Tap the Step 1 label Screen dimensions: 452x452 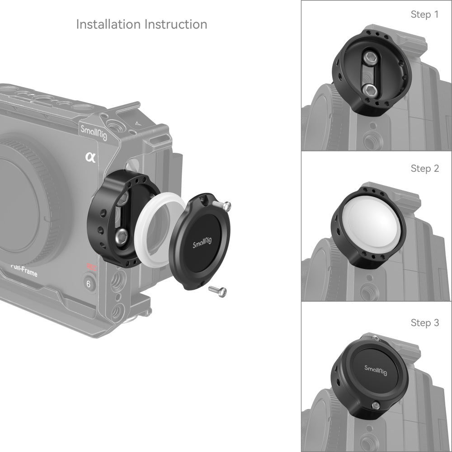424,14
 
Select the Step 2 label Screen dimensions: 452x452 424,169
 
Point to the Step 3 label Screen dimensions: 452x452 424,323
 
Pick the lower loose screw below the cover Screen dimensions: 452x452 217,292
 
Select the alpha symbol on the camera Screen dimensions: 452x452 89,157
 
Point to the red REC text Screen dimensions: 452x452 92,267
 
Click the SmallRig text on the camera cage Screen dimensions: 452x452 94,132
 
